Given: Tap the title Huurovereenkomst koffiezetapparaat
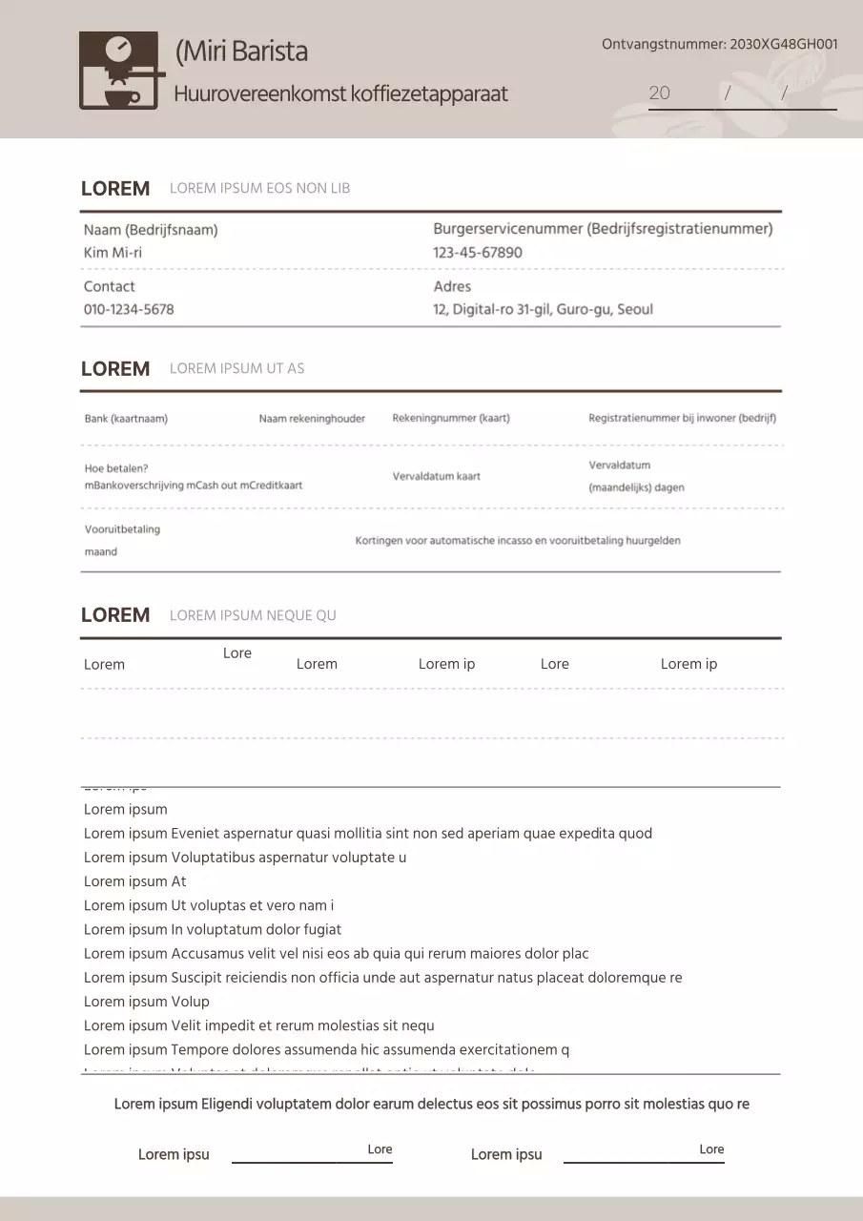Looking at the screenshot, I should pos(340,94).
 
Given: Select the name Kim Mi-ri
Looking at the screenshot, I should pos(113,253).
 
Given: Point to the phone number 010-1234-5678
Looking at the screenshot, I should pos(129,309).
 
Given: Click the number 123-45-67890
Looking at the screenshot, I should pos(478,253).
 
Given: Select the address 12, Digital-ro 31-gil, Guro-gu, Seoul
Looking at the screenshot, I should pos(543,309).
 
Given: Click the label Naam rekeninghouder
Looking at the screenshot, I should pos(312,419).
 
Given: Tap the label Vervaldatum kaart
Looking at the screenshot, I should pos(437,476).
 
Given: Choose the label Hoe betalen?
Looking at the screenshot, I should pos(116,468).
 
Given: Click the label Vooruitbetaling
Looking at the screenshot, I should pos(122,529).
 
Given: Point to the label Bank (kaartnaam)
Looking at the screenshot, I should pos(126,419).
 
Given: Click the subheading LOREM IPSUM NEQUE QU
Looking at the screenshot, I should pos(253,615).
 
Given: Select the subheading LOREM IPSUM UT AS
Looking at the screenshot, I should pos(236,368).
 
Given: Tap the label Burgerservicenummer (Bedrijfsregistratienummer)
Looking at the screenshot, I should pos(603,229).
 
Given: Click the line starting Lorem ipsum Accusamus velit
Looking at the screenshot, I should pos(336,953).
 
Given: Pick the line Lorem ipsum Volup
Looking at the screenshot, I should pos(147,1002).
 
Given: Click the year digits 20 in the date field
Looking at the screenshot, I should pos(659,93).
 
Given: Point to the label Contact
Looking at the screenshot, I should pos(110,286).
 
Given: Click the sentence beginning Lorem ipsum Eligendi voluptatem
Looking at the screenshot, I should pos(431,1105).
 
